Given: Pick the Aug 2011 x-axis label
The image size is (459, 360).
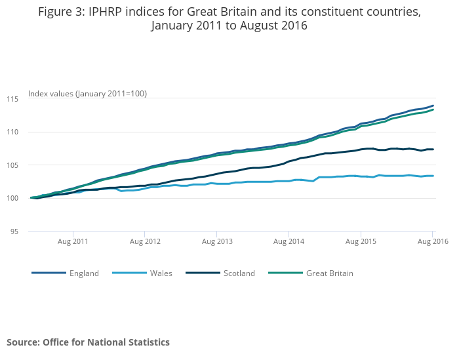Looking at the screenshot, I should pos(73,242).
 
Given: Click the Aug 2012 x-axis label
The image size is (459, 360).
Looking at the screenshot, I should pos(145,242).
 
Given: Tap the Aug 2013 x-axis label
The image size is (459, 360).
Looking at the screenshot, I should pos(217,242).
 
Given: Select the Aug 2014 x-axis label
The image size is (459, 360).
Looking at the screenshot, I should pos(289,242).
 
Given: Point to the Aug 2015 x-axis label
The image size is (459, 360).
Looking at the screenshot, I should pos(361,242).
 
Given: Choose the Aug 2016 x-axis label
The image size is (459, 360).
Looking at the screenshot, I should pos(432,242).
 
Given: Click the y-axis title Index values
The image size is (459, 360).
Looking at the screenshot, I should pos(87,94).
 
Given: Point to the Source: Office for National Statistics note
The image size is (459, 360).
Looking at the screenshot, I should pos(88,342).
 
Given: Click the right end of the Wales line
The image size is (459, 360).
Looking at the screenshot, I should pos(433,176).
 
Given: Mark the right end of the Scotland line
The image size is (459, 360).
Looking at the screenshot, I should pos(433,150).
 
